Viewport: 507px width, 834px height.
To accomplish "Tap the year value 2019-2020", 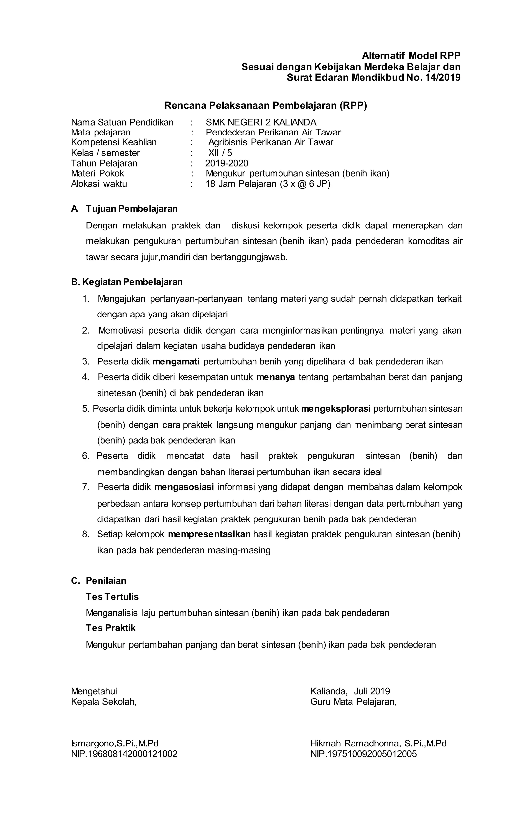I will click(227, 163).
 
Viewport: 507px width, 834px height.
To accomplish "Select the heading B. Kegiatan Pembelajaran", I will click(127, 282).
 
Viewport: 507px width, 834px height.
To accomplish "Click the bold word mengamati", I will click(176, 361).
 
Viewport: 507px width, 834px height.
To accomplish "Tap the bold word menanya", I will click(275, 377).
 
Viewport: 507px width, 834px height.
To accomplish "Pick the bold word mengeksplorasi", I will click(335, 409).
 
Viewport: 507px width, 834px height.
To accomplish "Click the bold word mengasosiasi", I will click(184, 487).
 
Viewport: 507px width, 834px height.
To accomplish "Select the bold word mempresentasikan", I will click(209, 534).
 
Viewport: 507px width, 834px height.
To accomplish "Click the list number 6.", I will click(85, 456).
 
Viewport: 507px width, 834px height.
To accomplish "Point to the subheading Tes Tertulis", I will click(112, 597).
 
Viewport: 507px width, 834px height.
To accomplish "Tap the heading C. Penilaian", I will click(99, 581).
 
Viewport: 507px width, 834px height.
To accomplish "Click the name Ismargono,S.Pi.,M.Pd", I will click(115, 744).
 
